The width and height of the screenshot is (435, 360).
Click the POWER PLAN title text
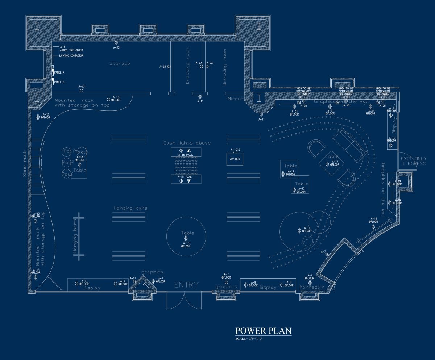(263, 331)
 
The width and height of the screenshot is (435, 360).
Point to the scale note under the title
(249, 339)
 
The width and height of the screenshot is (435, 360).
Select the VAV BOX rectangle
(235, 159)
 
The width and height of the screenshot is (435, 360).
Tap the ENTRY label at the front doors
(187, 285)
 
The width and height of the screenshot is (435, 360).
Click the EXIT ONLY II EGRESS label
(413, 161)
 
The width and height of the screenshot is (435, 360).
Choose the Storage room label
(120, 64)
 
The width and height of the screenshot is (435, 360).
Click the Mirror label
(235, 99)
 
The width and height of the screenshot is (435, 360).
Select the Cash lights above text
(187, 143)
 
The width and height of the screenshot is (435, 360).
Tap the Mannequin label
(312, 287)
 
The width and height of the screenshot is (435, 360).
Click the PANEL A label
(59, 72)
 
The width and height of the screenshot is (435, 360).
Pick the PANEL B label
(59, 82)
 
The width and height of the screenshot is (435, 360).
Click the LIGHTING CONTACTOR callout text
(71, 56)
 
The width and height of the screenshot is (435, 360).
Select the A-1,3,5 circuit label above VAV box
(235, 150)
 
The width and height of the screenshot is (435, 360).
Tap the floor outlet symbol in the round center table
(186, 238)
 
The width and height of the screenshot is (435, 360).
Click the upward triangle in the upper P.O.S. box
(189, 151)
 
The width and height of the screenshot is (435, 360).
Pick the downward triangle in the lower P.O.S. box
(189, 180)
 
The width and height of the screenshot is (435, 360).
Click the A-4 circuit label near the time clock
(62, 47)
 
